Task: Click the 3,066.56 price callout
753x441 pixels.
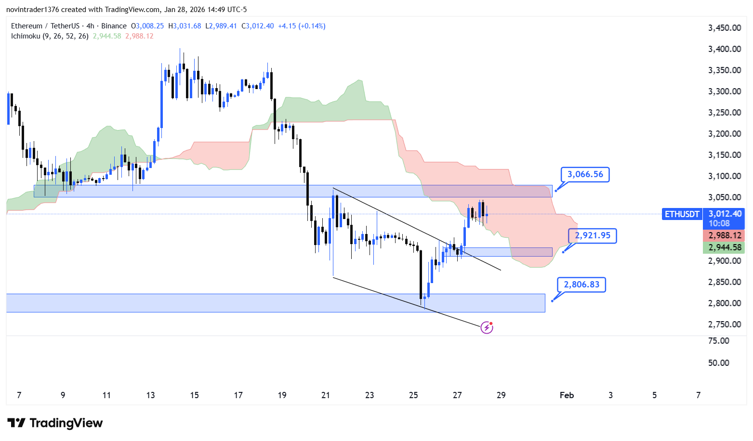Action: click(x=585, y=174)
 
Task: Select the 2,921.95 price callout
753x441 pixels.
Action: click(x=592, y=235)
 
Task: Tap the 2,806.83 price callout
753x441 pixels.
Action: click(x=581, y=285)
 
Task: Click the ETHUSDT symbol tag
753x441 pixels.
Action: click(x=682, y=214)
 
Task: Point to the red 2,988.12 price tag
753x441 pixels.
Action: click(x=724, y=235)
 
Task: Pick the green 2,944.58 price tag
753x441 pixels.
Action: click(x=724, y=247)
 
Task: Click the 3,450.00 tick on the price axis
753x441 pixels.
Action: click(x=724, y=28)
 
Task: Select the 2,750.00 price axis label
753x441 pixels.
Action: click(x=724, y=324)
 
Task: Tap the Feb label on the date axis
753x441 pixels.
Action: click(x=567, y=395)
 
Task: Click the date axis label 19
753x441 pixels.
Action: click(x=282, y=395)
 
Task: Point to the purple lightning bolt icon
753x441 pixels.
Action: click(x=487, y=328)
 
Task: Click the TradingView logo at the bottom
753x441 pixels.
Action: click(x=55, y=423)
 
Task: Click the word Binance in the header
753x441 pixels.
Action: click(x=114, y=26)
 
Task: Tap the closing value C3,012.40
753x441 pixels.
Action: click(x=257, y=26)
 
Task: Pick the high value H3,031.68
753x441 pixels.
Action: click(x=185, y=26)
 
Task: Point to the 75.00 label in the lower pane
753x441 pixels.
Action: click(x=718, y=341)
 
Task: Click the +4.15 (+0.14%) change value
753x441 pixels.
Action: click(x=302, y=26)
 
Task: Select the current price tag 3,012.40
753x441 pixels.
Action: click(x=724, y=214)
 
